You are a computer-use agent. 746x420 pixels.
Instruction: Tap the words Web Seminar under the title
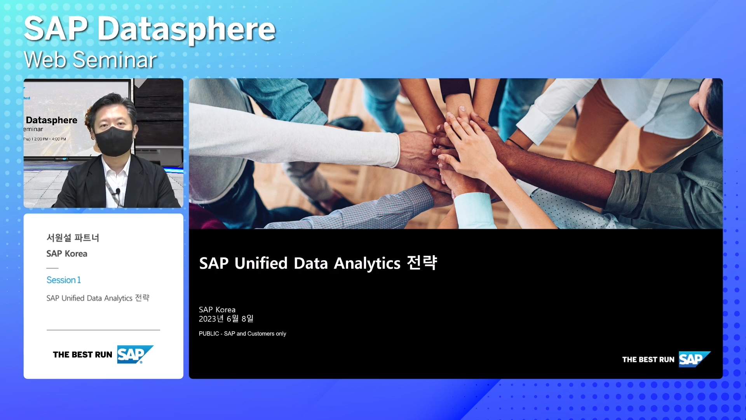point(90,60)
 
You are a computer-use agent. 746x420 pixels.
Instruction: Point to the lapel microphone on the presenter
point(118,191)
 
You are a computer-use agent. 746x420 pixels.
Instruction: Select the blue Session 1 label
point(64,280)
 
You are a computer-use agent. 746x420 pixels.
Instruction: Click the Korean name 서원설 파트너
point(73,238)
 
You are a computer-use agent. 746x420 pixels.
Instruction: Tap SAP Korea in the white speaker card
point(67,254)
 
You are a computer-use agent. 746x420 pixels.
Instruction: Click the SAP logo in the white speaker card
point(135,354)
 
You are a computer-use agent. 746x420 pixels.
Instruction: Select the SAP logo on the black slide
point(695,359)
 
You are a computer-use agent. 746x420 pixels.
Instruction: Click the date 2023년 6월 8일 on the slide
point(226,319)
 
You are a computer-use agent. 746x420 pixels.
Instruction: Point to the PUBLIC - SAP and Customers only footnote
point(242,334)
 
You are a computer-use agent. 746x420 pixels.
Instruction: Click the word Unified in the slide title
point(261,263)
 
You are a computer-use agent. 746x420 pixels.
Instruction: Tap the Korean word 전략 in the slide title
point(422,263)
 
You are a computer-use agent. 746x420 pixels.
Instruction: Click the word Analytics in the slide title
point(367,264)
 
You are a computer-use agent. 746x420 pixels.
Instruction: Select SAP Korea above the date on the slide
point(217,310)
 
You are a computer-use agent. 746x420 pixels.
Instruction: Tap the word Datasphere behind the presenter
point(52,120)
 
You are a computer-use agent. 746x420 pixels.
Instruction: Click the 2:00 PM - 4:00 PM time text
point(50,139)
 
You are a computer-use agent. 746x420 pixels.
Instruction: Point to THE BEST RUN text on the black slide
point(648,360)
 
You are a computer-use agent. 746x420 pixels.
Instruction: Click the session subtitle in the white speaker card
point(98,298)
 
